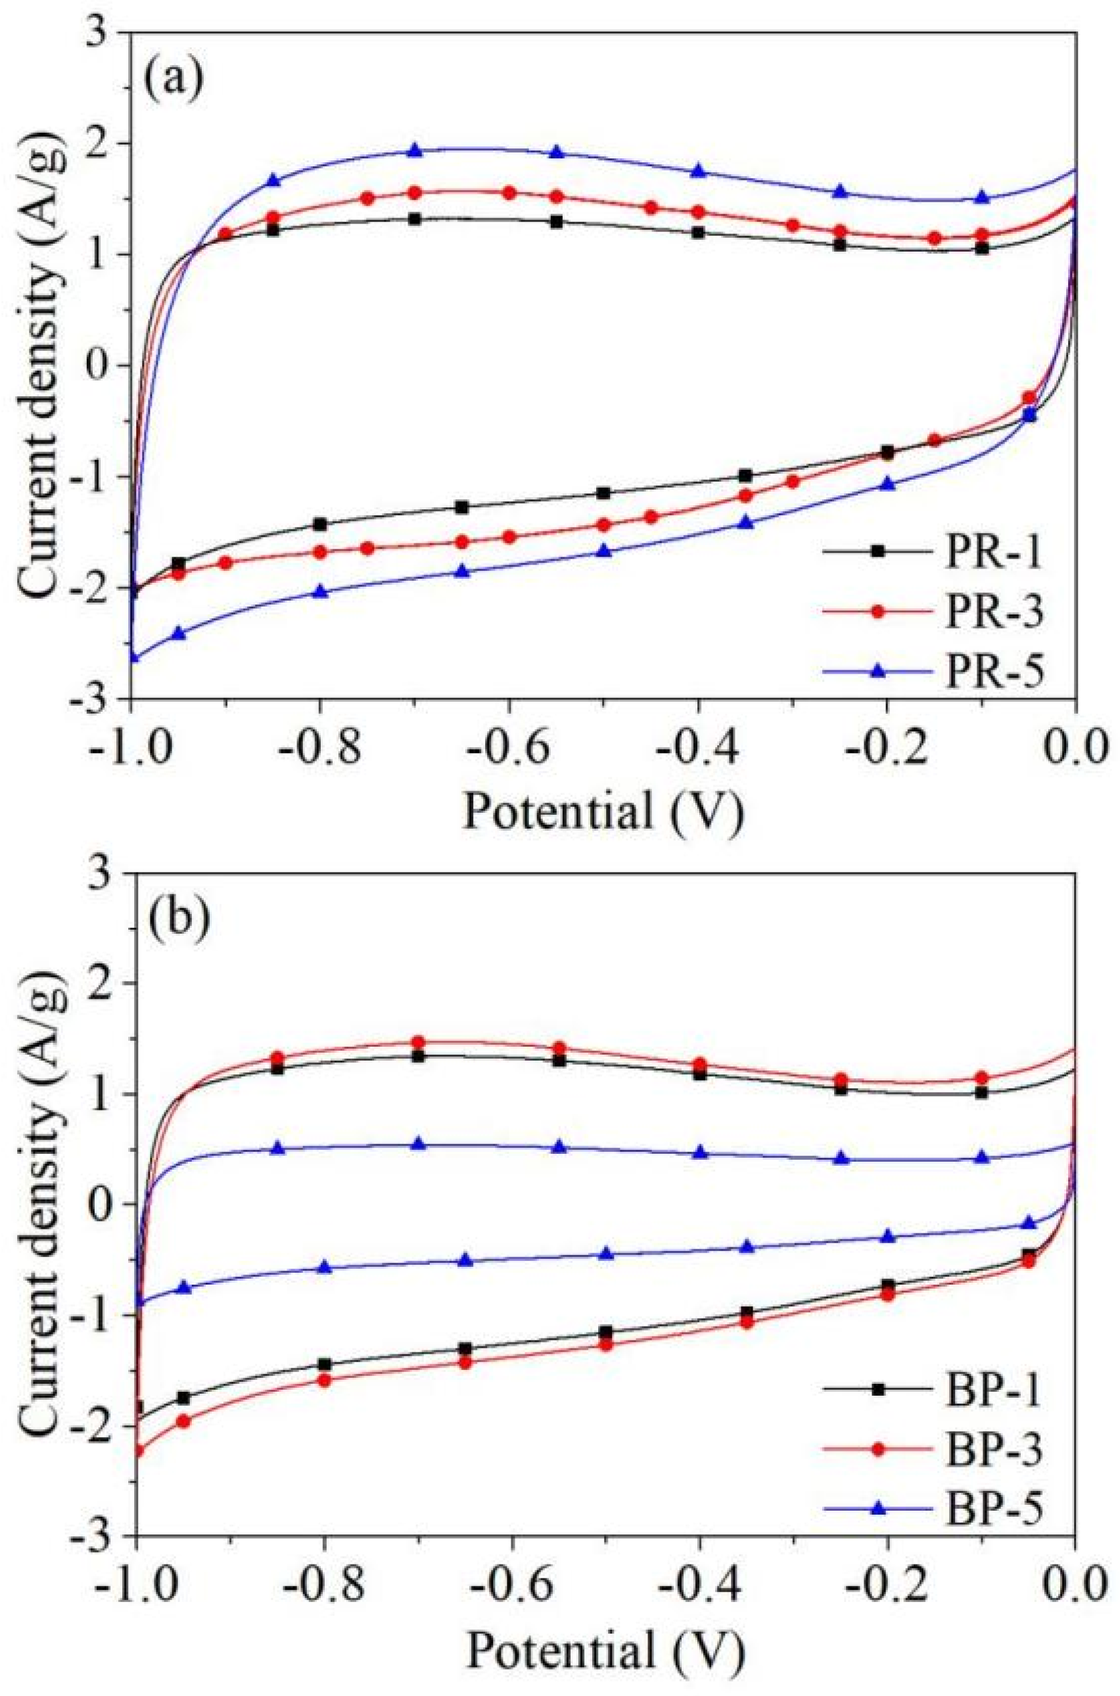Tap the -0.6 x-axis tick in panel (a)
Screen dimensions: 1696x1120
coord(509,743)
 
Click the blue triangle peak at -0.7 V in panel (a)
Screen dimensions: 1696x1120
coord(415,150)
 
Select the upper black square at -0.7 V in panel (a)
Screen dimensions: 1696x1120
coord(415,219)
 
